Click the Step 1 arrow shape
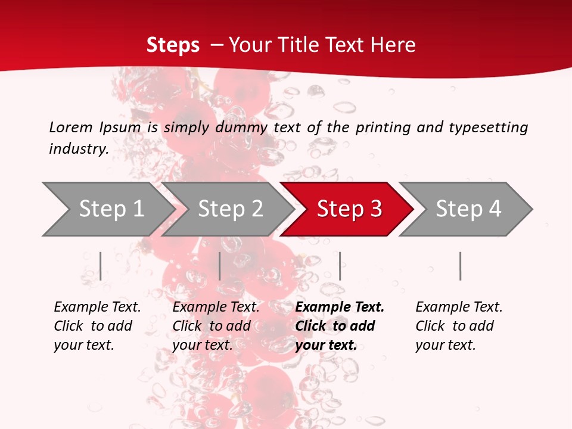pos(111,209)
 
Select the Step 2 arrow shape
pos(230,209)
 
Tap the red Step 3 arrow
pos(349,209)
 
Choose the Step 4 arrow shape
pos(468,209)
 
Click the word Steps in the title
pos(173,45)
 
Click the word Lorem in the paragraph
pos(70,127)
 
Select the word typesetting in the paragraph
pos(488,127)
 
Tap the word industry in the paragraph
pos(78,149)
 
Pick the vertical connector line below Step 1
pos(100,266)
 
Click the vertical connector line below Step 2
pos(220,266)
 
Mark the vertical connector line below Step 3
pos(340,266)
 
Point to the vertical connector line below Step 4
pos(460,266)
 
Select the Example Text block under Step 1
pos(97,326)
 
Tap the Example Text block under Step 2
pos(216,326)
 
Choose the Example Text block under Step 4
pos(459,326)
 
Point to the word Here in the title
pos(393,45)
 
